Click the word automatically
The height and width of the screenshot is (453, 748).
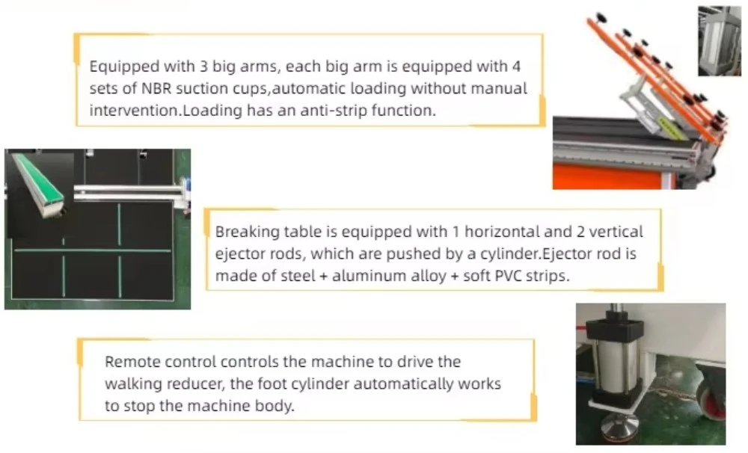(408, 383)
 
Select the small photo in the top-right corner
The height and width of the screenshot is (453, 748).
(719, 41)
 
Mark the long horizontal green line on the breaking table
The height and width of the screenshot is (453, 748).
(93, 250)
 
